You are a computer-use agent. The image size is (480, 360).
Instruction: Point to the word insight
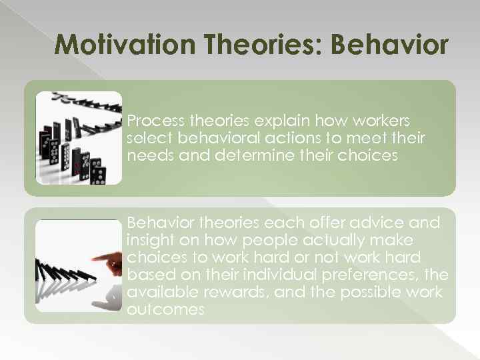tap(150, 239)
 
